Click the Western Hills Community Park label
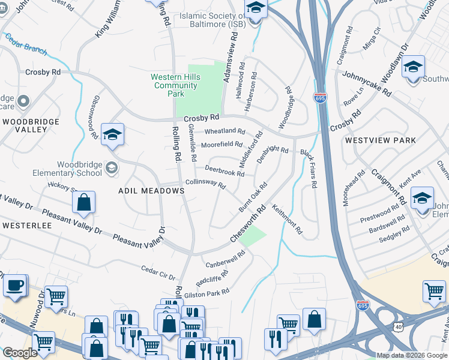pyautogui.click(x=174, y=85)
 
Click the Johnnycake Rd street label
pyautogui.click(x=367, y=85)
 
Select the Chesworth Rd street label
pyautogui.click(x=247, y=226)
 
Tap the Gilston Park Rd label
pyautogui.click(x=208, y=292)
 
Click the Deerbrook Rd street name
pyautogui.click(x=224, y=171)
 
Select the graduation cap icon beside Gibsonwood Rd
pyautogui.click(x=112, y=135)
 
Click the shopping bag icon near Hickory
pyautogui.click(x=84, y=203)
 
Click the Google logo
pyautogui.click(x=20, y=353)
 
